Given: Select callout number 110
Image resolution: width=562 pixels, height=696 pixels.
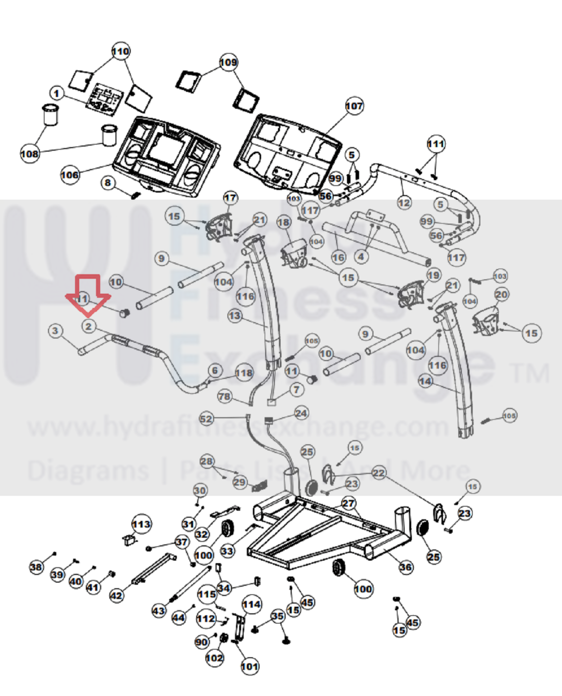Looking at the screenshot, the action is pyautogui.click(x=121, y=52).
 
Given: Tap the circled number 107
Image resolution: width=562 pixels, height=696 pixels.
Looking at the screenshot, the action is pyautogui.click(x=354, y=106).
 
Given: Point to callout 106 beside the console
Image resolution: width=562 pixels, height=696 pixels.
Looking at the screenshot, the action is pyautogui.click(x=70, y=175).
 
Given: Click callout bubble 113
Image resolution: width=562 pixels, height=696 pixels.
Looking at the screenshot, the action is pyautogui.click(x=141, y=524).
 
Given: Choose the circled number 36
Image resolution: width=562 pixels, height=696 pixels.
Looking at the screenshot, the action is pyautogui.click(x=406, y=567).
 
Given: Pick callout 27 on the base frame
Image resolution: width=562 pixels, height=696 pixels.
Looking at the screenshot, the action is pyautogui.click(x=348, y=503).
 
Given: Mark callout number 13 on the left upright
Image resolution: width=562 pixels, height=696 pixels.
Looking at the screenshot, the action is pyautogui.click(x=235, y=316).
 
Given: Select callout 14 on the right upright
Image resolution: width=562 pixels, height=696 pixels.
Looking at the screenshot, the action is pyautogui.click(x=425, y=381).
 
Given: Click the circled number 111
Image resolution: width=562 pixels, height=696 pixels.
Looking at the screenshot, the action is pyautogui.click(x=436, y=144).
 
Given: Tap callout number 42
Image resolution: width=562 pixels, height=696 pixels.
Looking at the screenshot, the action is pyautogui.click(x=117, y=595).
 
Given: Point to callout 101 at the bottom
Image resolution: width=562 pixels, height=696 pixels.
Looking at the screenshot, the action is pyautogui.click(x=250, y=666).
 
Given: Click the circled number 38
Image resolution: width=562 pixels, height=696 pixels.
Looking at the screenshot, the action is pyautogui.click(x=36, y=567).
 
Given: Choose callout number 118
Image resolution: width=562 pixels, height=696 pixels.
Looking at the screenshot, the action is pyautogui.click(x=244, y=373).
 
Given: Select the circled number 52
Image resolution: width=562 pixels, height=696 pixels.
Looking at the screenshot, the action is pyautogui.click(x=206, y=419).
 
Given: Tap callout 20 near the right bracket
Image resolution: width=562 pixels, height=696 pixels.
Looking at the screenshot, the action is pyautogui.click(x=501, y=294).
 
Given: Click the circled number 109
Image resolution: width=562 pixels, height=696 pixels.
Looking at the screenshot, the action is pyautogui.click(x=229, y=62).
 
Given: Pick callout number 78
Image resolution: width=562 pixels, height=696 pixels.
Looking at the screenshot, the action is pyautogui.click(x=224, y=397).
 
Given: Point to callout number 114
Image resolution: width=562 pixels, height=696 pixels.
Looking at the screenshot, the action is pyautogui.click(x=252, y=605).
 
